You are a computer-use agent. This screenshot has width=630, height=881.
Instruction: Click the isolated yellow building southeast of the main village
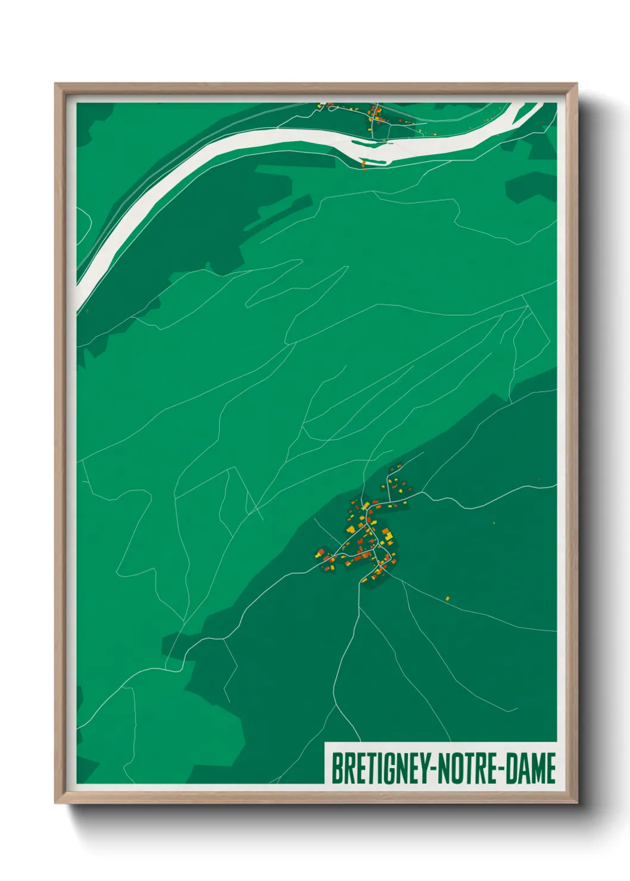pyautogui.click(x=447, y=598)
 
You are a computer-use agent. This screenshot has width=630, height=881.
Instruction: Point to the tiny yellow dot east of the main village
pyautogui.click(x=494, y=523)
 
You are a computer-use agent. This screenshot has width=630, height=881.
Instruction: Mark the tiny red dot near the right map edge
pyautogui.click(x=539, y=479)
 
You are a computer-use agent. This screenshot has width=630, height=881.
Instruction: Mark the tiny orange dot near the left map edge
pyautogui.click(x=87, y=310)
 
